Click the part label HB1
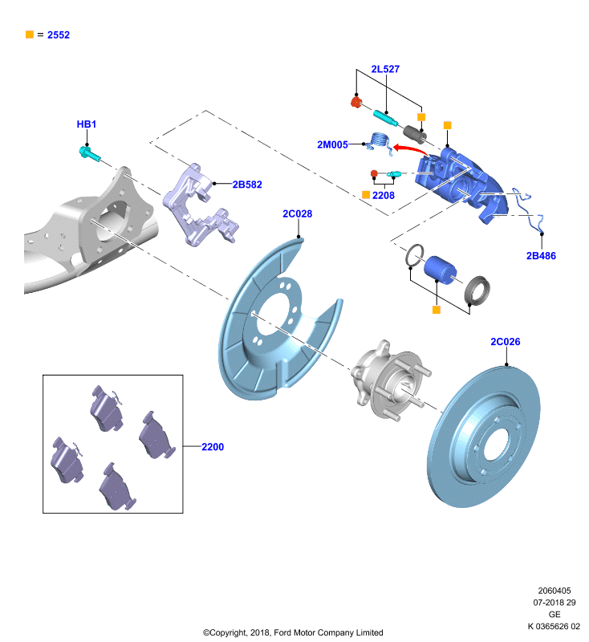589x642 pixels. point(87,124)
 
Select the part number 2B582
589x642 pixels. point(247,185)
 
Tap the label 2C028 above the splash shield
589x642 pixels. point(298,213)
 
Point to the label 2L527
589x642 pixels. point(385,69)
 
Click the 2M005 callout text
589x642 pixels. point(333,144)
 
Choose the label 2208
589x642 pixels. point(384,195)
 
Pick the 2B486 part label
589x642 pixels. point(541,256)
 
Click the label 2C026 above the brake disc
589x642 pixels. point(506,342)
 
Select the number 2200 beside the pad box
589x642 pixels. point(213,447)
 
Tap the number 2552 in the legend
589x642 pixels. point(59,35)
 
